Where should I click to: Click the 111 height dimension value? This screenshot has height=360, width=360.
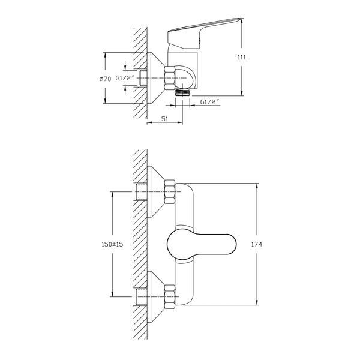tap(241, 57)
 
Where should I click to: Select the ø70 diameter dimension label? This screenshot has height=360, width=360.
tap(105, 79)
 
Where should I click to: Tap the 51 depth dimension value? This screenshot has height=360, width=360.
tap(165, 119)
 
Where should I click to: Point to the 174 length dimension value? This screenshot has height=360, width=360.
tap(256, 244)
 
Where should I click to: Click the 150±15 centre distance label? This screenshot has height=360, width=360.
tap(112, 244)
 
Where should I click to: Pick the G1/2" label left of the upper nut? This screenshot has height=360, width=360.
tap(125, 78)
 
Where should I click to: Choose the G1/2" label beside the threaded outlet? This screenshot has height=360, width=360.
tap(209, 102)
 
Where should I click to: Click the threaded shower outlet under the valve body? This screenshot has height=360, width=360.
tap(182, 92)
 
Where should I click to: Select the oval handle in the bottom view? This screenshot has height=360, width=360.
tap(202, 244)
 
